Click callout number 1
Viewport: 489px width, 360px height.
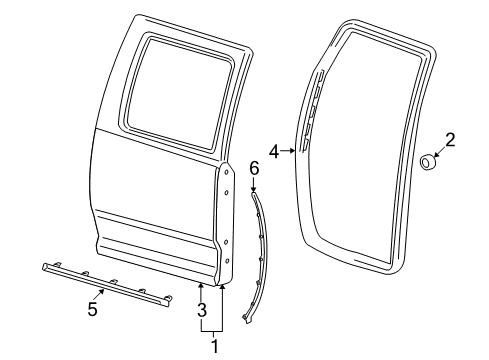point(212,346)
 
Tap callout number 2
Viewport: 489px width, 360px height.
point(449,141)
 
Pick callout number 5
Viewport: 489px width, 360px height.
point(92,309)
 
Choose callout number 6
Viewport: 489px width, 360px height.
point(253,170)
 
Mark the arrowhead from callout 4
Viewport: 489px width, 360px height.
point(292,151)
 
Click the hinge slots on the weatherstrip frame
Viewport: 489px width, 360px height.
point(311,110)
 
